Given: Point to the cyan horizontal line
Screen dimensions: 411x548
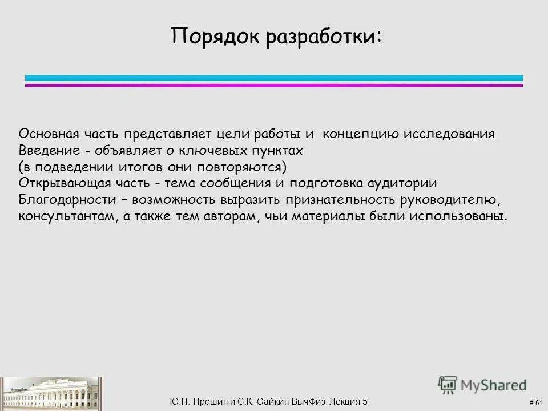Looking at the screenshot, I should (274, 78).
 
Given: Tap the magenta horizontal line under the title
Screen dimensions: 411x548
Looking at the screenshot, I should (274, 85).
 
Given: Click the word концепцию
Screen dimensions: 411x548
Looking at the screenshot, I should (361, 135).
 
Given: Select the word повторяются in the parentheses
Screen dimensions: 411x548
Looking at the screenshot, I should (248, 168).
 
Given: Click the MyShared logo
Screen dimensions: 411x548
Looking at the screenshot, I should (482, 384).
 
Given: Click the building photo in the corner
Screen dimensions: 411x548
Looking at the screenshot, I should (51, 394).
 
